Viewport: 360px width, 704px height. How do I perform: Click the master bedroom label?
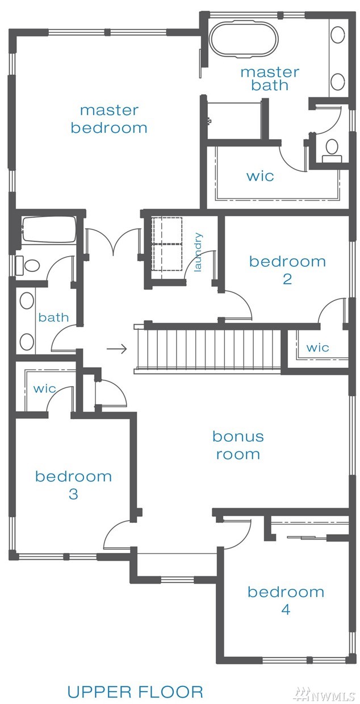coord(109,119)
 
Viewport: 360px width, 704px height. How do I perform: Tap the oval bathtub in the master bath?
coord(244,39)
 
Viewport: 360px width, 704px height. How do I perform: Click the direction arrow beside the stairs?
coord(116,349)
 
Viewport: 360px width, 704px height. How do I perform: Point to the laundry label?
coord(198,252)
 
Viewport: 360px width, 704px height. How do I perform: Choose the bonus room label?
coord(238,445)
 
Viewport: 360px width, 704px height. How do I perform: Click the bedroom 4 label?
coord(286,601)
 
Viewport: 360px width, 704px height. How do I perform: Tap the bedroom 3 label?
coord(73,485)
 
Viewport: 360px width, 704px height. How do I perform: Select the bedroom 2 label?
coord(287,270)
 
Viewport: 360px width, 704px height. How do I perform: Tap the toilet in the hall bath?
coord(28,265)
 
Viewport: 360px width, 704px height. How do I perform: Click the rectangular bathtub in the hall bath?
coord(49,229)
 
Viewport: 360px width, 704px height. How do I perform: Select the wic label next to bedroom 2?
coord(317,347)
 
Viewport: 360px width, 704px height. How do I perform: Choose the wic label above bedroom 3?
coord(44,388)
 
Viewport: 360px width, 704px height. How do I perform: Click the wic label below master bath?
coord(260,176)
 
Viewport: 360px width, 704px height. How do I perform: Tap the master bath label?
coord(270,79)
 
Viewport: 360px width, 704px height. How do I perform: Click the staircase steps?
coord(207,348)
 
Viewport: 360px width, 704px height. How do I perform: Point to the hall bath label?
coord(53,317)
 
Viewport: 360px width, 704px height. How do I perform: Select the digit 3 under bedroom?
coord(73,494)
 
